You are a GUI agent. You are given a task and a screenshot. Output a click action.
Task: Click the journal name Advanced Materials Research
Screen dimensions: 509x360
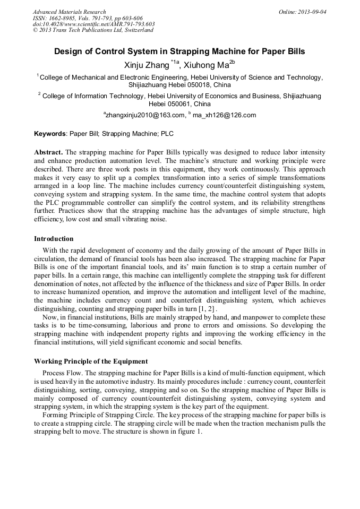click(x=69, y=12)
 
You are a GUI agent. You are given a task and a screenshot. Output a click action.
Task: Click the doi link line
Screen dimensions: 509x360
click(x=93, y=24)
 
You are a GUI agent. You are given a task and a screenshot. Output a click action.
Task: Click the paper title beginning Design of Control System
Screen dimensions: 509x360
click(x=179, y=52)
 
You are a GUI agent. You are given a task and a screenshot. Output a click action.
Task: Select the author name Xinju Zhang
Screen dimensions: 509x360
click(x=145, y=65)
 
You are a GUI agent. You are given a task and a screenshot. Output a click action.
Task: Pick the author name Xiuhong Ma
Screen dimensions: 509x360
click(x=207, y=65)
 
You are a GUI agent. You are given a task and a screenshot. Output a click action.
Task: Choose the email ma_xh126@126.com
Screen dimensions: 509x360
click(x=224, y=115)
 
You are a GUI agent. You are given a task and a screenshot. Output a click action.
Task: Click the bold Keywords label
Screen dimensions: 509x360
click(x=50, y=135)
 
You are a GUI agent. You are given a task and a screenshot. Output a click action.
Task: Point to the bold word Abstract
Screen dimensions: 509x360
click(x=49, y=152)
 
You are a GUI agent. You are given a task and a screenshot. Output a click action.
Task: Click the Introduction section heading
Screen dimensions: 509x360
click(x=54, y=239)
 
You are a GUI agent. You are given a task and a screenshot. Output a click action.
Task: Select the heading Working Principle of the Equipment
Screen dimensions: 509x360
click(x=91, y=361)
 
